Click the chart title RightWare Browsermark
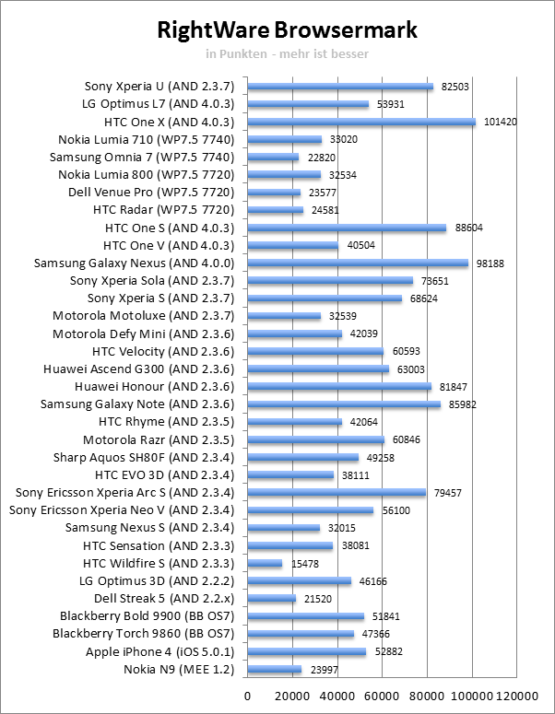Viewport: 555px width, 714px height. pos(287,30)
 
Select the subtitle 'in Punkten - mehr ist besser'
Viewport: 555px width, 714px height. pos(287,53)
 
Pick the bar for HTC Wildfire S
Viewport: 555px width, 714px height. pos(266,563)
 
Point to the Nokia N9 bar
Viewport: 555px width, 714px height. pos(275,669)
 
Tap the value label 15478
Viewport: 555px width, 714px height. pos(301,563)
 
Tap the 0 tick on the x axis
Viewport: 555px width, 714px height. pos(248,696)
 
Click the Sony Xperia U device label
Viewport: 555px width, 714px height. pos(159,87)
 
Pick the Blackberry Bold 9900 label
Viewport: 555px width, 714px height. pos(147,615)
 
